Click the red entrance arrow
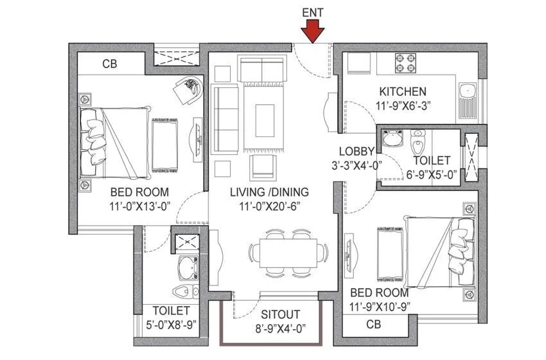[x=313, y=31]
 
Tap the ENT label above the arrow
[x=313, y=10]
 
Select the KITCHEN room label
[x=403, y=91]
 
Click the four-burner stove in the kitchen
[x=406, y=64]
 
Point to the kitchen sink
[x=466, y=95]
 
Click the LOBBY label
[x=357, y=151]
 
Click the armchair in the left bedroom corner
[x=188, y=91]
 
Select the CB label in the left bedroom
[x=110, y=64]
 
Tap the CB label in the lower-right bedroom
[x=373, y=325]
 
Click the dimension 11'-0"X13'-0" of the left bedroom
[x=139, y=206]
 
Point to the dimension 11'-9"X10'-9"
[x=380, y=307]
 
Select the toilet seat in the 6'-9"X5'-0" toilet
[x=418, y=138]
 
